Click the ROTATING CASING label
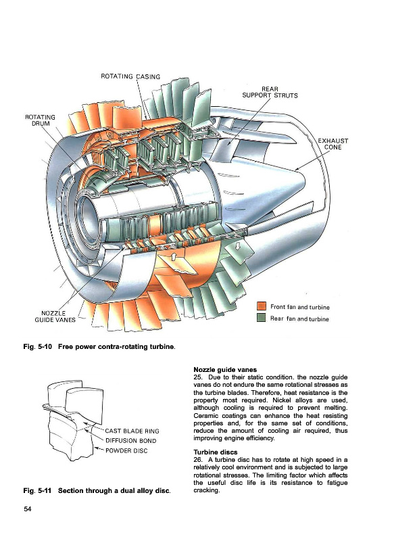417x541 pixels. [130, 76]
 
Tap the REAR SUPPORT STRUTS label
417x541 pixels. [270, 92]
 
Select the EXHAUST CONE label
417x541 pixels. [333, 144]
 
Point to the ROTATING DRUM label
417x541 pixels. [41, 120]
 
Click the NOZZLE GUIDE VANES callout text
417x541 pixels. [55, 316]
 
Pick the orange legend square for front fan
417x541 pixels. [262, 306]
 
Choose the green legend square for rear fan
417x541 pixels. [262, 317]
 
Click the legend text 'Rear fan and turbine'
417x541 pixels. [299, 319]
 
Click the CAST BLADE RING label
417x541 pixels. [132, 431]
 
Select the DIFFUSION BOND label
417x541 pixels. [130, 441]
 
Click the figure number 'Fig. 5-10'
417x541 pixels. [38, 346]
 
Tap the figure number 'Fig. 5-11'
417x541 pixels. [37, 490]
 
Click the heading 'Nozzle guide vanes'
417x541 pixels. [225, 370]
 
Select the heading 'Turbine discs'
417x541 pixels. [216, 452]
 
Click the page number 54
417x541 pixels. [27, 509]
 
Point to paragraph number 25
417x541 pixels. [198, 377]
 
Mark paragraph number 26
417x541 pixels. [198, 460]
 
